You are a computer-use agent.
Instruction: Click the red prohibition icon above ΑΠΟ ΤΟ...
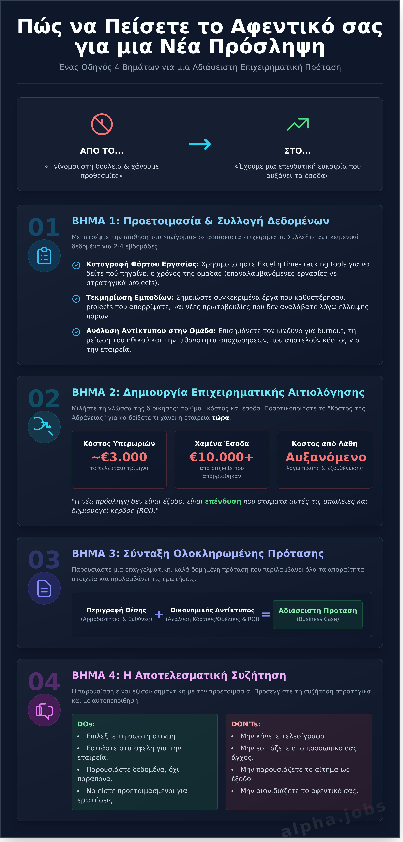(102, 124)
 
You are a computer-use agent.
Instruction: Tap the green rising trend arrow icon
(298, 124)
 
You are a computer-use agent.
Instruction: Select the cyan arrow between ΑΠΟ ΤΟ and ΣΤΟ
(200, 144)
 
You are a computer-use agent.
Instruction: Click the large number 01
(44, 227)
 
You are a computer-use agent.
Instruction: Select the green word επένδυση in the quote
(223, 501)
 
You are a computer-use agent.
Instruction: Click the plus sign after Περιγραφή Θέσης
(159, 615)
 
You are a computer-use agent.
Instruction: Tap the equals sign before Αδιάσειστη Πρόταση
(266, 615)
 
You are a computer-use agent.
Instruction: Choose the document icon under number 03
(44, 588)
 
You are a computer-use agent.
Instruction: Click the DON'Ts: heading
(246, 724)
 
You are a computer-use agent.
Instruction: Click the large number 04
(44, 682)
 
